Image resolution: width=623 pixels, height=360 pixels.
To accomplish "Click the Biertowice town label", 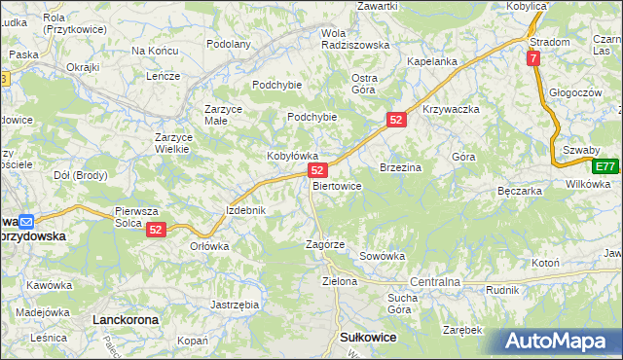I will click(338, 186).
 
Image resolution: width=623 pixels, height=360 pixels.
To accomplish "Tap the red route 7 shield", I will click(534, 59).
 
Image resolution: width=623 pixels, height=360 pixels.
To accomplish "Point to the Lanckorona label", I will click(125, 319).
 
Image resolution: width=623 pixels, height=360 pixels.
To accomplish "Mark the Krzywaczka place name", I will click(452, 109).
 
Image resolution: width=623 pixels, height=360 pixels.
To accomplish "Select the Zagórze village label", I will click(325, 244).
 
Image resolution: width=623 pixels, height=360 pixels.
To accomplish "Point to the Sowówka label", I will click(382, 257).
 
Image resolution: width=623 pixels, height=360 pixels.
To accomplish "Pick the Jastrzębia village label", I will click(235, 305).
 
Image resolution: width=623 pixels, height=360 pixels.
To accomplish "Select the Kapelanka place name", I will click(432, 61).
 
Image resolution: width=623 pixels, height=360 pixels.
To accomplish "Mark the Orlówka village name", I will click(209, 246).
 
